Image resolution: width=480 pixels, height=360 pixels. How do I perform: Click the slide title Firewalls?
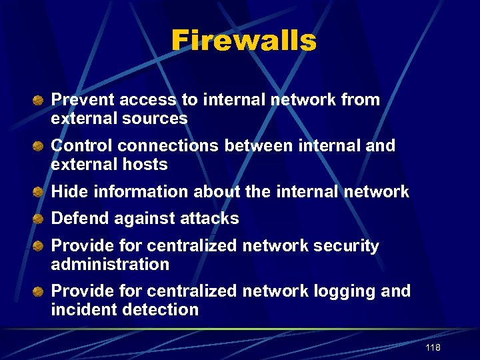click(x=243, y=41)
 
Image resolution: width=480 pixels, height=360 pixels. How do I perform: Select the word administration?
click(x=110, y=265)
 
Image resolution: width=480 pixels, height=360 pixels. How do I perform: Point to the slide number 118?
click(x=433, y=348)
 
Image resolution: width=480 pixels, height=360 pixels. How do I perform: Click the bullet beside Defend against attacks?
click(x=40, y=219)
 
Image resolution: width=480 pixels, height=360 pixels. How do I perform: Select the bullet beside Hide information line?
click(x=40, y=192)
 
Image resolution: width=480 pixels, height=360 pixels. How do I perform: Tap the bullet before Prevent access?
click(x=40, y=101)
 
